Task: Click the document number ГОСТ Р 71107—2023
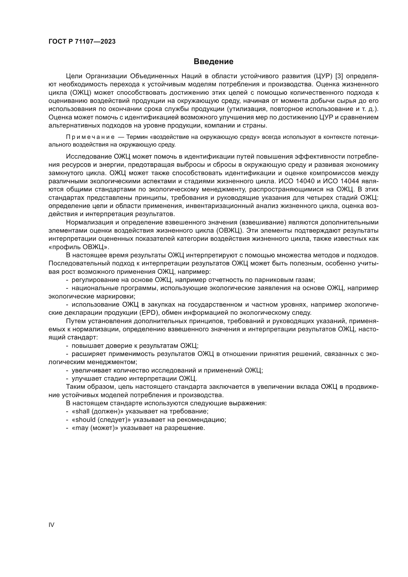pos(82,41)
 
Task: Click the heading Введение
pos(213,62)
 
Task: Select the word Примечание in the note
pos(90,137)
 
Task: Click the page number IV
pos(51,525)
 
